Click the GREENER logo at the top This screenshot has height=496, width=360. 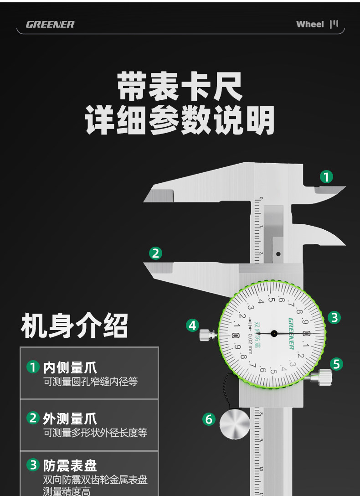(50, 25)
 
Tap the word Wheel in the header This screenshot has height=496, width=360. (310, 24)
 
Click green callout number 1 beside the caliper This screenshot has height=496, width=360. (326, 176)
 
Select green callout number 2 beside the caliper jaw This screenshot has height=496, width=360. (156, 253)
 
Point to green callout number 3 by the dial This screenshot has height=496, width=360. (334, 317)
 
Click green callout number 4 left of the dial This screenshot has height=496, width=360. (193, 325)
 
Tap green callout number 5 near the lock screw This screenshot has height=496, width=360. (336, 364)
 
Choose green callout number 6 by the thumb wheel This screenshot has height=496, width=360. (209, 419)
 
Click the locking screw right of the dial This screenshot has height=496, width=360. (322, 377)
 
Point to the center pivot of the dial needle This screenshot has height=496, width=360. (273, 333)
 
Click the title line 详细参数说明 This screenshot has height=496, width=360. (180, 120)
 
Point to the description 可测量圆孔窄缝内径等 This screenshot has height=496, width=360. (90, 382)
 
